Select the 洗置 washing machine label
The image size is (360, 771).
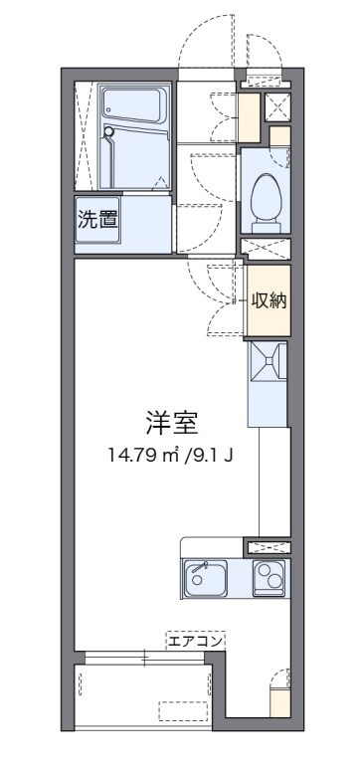coord(97,220)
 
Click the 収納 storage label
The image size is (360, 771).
coord(269,299)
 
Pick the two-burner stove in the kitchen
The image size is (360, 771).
coord(269,576)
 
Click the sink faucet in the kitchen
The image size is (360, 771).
coord(198,568)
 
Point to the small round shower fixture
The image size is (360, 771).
coord(110,129)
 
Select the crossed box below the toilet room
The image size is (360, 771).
coord(267,248)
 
